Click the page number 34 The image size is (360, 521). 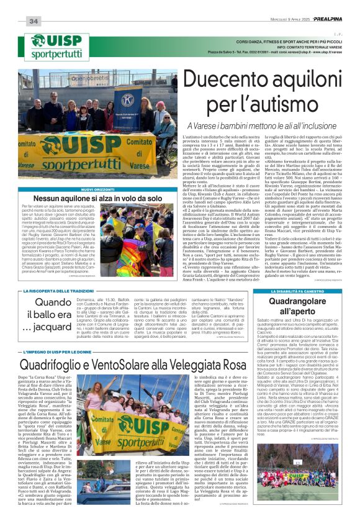pyautogui.click(x=34, y=22)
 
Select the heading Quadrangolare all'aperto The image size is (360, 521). pyautogui.click(x=297, y=306)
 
